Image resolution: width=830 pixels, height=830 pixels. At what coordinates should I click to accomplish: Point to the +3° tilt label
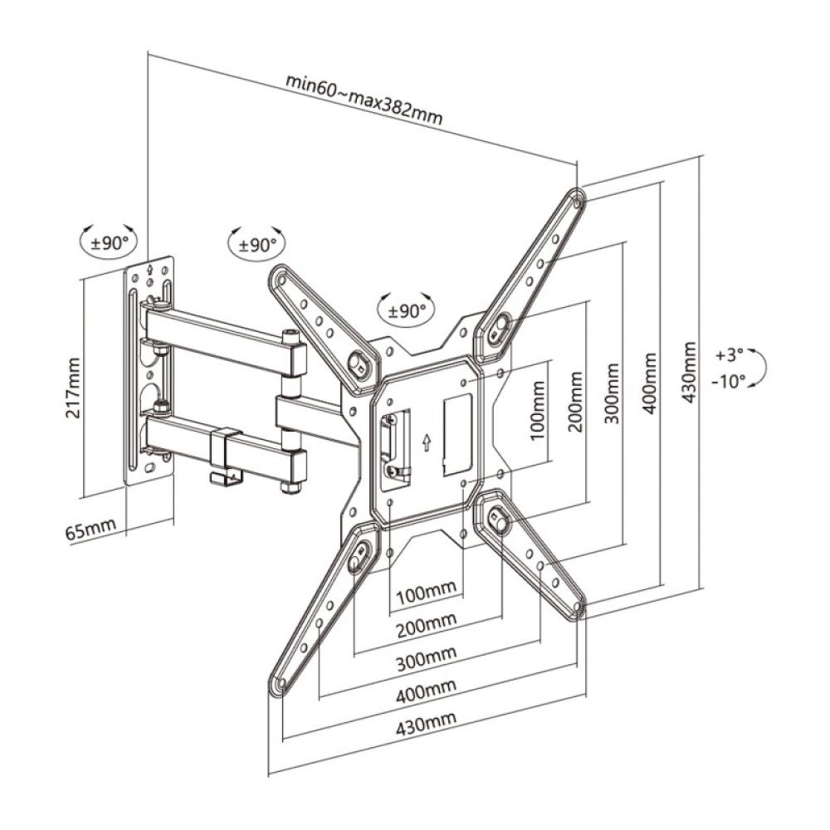pos(730,354)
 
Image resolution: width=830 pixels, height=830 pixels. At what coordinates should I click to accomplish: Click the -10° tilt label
pos(729,381)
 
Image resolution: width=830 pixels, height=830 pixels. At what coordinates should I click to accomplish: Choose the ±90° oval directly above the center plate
pos(406,311)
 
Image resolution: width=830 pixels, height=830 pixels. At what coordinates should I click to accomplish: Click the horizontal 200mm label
pos(427,622)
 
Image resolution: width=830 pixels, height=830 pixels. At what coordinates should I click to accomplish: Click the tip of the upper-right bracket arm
pos(576,198)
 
